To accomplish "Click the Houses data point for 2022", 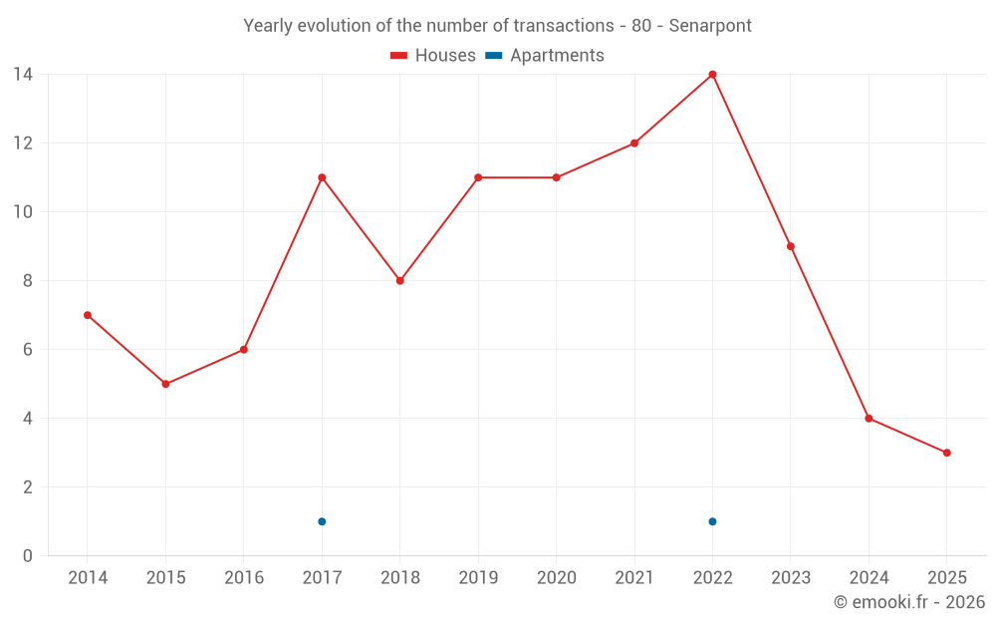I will coord(712,74).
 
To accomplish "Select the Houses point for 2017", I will coord(322,177).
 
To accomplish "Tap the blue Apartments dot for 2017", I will coord(322,521).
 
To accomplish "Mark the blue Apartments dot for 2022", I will coord(712,521).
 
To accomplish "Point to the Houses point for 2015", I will coord(165,384).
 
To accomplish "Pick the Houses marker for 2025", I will coord(946,453).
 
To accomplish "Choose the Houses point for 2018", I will coord(399,281).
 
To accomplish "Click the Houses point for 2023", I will coord(791,246).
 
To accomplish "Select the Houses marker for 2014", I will coord(88,315).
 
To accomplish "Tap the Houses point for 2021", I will coord(634,143).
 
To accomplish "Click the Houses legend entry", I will coord(433,56).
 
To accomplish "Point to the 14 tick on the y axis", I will coord(23,74).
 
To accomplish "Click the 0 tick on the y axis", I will coord(28,555).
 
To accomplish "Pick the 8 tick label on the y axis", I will coord(28,281).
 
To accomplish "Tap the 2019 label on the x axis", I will coord(478,578).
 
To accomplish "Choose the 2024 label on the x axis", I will coord(869,578).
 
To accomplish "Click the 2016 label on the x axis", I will coord(244,578).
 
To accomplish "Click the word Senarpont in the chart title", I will coord(710,25).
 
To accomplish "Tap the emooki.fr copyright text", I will coord(909,602).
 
